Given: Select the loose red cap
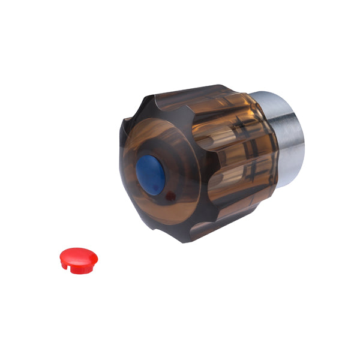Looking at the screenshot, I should coord(78,259).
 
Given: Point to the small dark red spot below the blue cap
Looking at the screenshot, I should coord(170,196).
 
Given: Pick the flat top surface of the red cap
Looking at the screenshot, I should coord(78,256).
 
